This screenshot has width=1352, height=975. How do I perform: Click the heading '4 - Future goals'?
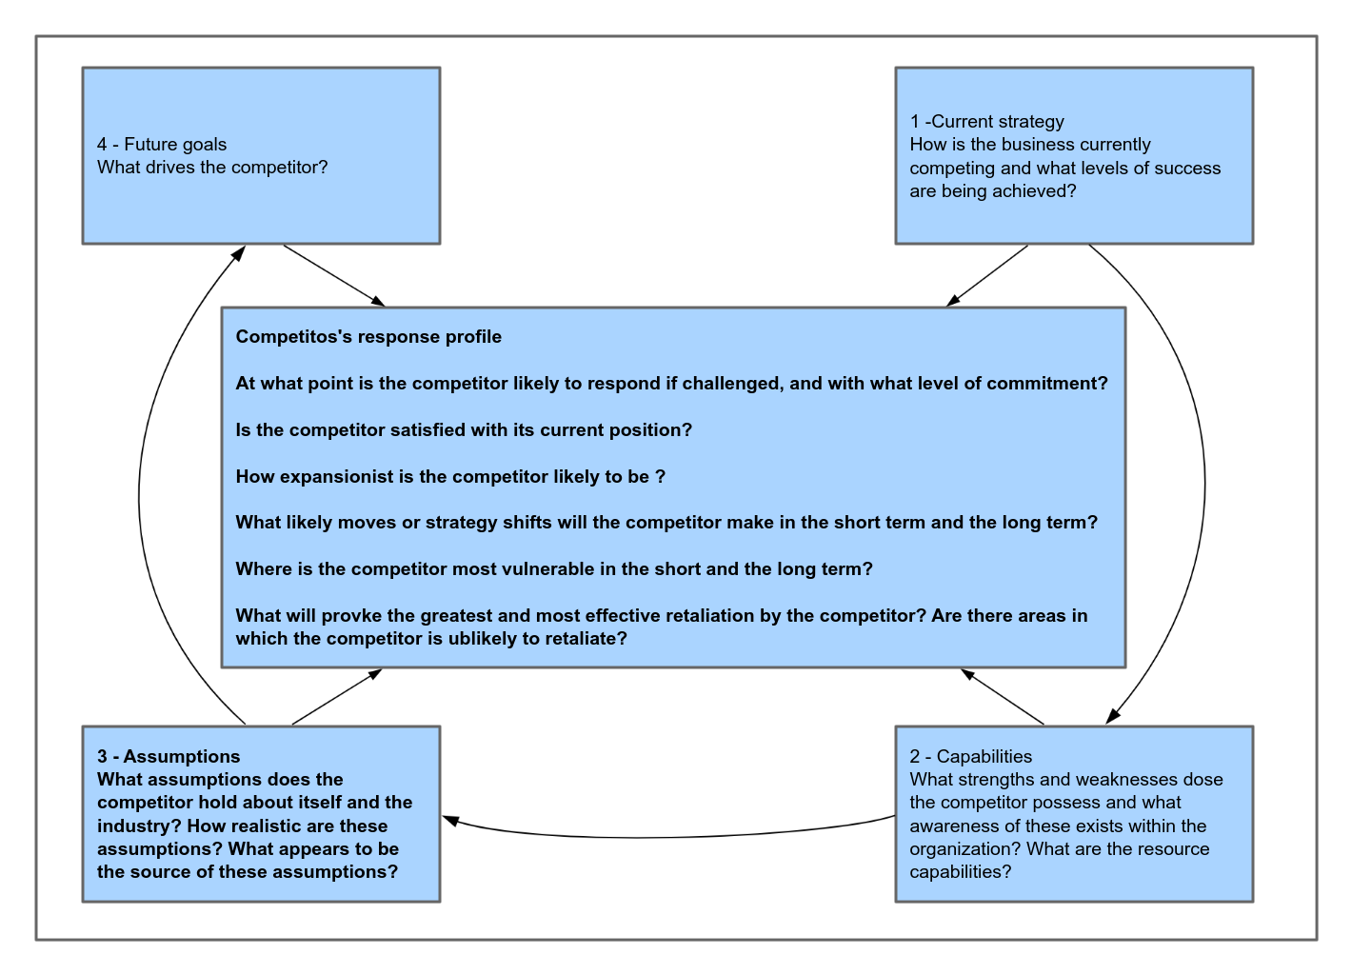[162, 145]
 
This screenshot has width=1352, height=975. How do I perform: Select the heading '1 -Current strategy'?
[987, 122]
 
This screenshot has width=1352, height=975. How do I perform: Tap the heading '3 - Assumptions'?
[169, 757]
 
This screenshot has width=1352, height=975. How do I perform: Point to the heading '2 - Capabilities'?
[970, 757]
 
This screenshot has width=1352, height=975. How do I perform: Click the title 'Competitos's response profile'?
[368, 337]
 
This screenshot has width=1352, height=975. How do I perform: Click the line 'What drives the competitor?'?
[212, 168]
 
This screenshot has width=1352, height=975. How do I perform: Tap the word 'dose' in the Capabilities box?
[1203, 780]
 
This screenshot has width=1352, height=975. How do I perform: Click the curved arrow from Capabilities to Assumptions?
[666, 836]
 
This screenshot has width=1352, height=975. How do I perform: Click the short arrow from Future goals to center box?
[334, 276]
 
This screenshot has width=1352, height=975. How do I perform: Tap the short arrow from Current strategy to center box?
[987, 276]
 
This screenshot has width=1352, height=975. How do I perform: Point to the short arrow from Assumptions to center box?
[336, 697]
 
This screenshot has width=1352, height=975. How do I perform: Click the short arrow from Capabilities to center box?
[1003, 697]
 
